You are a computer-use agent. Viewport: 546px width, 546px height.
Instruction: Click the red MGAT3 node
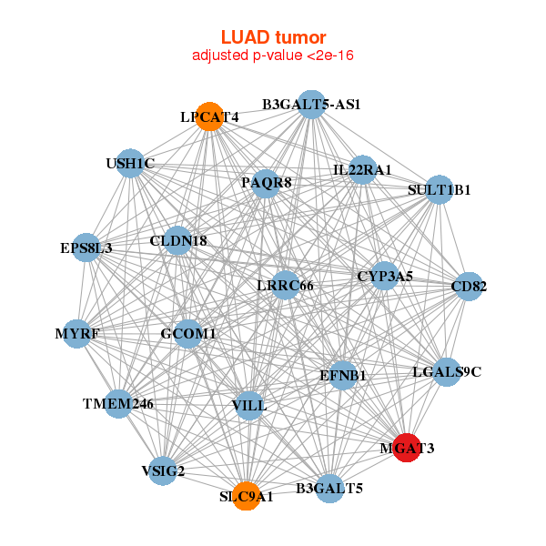click(407, 447)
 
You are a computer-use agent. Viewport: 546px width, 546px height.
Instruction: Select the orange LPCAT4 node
click(210, 116)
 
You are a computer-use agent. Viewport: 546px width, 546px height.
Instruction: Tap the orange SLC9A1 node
click(246, 496)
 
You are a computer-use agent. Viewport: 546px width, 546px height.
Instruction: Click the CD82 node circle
click(468, 287)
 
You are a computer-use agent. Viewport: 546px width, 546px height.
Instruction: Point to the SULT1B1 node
click(440, 189)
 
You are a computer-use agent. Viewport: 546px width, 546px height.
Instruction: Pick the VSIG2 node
click(163, 470)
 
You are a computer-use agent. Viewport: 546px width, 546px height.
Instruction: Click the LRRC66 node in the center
click(285, 286)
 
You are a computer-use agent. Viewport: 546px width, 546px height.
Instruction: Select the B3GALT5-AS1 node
click(311, 104)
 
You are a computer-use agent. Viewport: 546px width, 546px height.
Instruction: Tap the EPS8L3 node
click(87, 247)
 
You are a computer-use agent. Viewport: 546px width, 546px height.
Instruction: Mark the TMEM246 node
click(118, 403)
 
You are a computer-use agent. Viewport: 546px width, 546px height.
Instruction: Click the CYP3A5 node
click(384, 276)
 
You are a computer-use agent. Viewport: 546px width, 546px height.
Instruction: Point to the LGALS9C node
click(446, 371)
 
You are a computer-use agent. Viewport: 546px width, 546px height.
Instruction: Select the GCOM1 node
click(188, 334)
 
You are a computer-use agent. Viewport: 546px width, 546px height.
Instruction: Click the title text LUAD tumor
click(273, 37)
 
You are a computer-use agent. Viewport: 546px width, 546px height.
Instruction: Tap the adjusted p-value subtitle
click(273, 56)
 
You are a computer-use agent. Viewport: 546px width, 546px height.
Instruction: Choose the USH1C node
click(130, 164)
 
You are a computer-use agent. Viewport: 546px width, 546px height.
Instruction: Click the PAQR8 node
click(266, 183)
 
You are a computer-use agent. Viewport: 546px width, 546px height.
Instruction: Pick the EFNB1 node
click(342, 375)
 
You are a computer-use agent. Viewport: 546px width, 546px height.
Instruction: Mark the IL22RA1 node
click(362, 169)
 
